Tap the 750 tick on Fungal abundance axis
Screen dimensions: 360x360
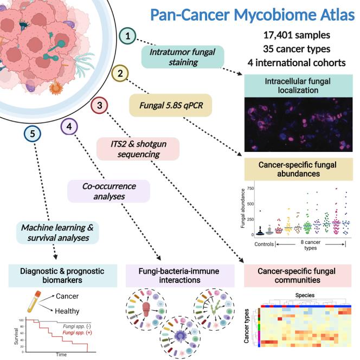point(250,188)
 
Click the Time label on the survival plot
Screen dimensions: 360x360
point(59,355)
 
